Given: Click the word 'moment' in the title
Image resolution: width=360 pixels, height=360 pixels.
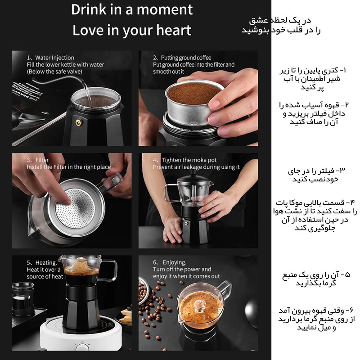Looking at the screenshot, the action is pos(165,9).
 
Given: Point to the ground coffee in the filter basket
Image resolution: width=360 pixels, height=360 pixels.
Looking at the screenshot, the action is pos(193,93).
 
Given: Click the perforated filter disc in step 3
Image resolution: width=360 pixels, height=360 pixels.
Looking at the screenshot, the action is pos(75,208).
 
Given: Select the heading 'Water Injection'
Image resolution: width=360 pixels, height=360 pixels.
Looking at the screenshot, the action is pos(54,58).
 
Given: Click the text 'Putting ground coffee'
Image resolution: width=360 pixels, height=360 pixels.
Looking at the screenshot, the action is pos(186,58).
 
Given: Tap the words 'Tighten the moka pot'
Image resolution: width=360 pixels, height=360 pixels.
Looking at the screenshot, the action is pos(189,160).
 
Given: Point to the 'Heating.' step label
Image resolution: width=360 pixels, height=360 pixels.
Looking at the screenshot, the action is pos(46,263).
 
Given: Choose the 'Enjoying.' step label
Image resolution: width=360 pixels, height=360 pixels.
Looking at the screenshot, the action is pos(175,262).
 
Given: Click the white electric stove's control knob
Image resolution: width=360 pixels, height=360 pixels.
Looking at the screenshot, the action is pos(82,346).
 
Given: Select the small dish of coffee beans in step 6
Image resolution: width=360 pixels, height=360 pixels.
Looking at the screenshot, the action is pos(143,290).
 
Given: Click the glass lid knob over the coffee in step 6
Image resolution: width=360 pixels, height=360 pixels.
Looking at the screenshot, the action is pos(199,306).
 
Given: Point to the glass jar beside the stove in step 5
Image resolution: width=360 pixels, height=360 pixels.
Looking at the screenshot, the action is pos(23,299).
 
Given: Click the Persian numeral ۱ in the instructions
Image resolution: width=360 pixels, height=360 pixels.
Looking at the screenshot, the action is pos(344,70).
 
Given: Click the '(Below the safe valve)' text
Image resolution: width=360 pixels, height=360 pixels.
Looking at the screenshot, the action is pos(54,72).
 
